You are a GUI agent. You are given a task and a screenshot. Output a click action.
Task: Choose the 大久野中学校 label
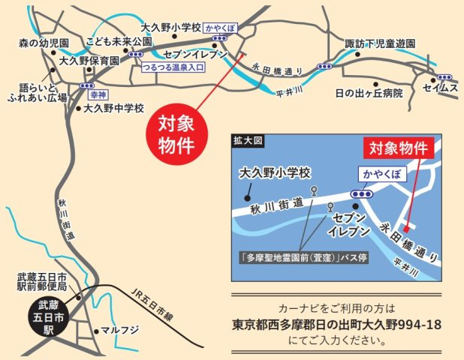click(113, 107)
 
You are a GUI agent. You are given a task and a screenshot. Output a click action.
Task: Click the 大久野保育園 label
click(89, 61)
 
